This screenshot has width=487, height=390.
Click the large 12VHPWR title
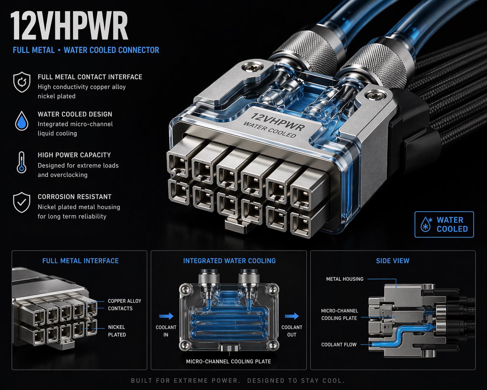click(69, 26)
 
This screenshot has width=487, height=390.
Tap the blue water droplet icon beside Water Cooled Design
click(22, 121)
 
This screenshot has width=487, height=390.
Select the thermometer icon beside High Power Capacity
click(22, 162)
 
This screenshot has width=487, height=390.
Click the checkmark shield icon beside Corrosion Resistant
click(22, 203)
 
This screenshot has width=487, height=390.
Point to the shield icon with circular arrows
click(22, 82)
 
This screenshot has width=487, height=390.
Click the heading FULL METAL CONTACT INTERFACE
click(90, 77)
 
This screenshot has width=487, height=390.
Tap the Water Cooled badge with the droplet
click(444, 225)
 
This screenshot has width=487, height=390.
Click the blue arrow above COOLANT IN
click(166, 316)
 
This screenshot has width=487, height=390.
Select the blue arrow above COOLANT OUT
click(292, 316)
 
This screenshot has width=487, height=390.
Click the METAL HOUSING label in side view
click(345, 279)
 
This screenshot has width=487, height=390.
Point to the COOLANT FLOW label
click(339, 344)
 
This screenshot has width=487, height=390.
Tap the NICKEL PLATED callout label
click(117, 331)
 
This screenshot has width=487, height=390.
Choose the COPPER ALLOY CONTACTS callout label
click(124, 304)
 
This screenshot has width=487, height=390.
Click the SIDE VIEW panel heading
click(393, 261)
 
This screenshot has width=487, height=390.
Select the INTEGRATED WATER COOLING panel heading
click(229, 261)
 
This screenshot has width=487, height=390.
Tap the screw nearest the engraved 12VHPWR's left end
click(252, 67)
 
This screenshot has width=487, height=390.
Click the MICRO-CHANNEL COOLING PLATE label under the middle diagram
click(228, 361)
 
